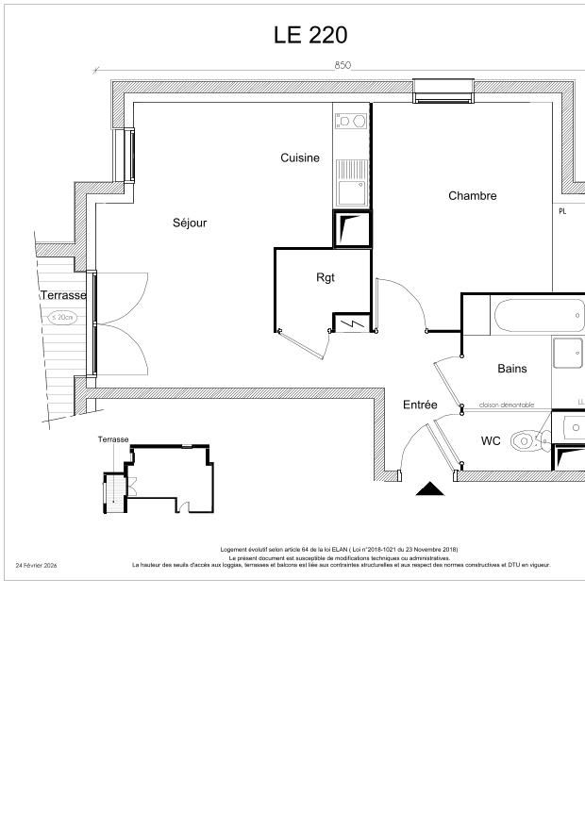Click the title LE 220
(310, 36)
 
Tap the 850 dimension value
(343, 65)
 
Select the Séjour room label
(190, 223)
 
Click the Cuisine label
(300, 158)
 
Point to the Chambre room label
(472, 196)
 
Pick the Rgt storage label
(326, 277)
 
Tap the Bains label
(512, 369)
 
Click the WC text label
(491, 440)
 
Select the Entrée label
(420, 405)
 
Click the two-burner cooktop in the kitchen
(351, 121)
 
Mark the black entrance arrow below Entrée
(430, 488)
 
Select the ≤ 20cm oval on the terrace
(62, 318)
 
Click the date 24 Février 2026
(37, 566)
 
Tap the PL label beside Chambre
(562, 211)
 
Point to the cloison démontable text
(506, 405)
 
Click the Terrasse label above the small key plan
(113, 439)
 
